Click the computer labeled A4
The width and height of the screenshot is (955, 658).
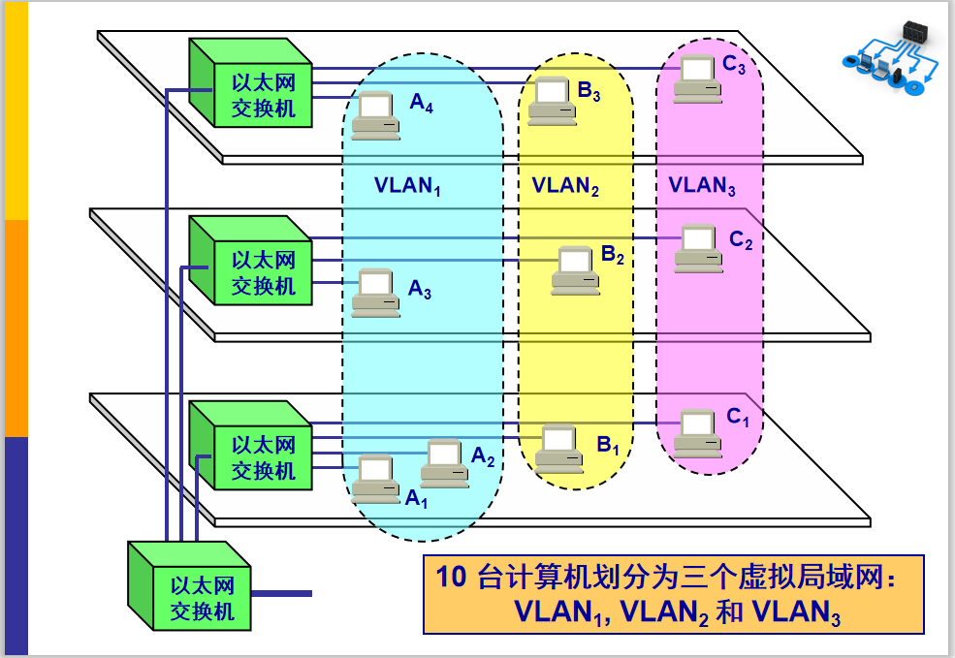coord(375,113)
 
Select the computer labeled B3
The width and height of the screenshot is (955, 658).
coord(551,100)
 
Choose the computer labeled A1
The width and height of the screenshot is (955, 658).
coord(375,478)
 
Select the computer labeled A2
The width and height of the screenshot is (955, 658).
coord(444,463)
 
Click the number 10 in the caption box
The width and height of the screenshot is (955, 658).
coord(452,579)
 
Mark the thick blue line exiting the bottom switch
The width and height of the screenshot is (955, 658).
coord(281,593)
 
